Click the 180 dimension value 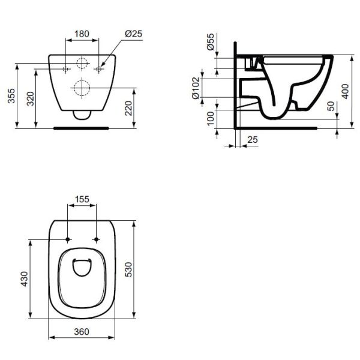tap(82, 34)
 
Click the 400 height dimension tap(344, 91)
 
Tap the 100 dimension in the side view tap(209, 119)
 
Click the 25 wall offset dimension tap(253, 139)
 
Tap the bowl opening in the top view tap(82, 271)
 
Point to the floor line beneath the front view tap(81, 127)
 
